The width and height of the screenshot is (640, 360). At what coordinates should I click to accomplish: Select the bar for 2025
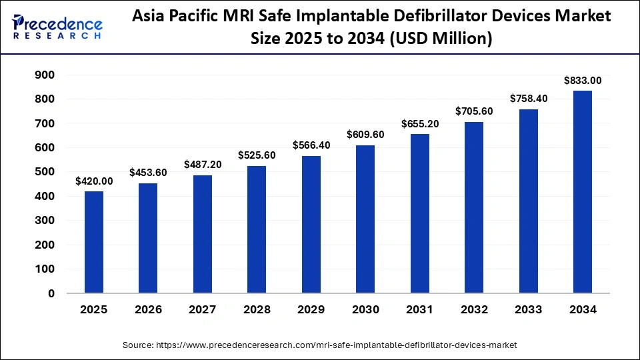coord(93,242)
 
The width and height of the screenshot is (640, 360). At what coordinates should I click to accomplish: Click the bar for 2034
coord(583,192)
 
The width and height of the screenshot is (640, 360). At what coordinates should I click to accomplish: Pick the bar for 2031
coord(419,213)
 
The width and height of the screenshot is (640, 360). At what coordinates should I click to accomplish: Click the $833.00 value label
coord(583,81)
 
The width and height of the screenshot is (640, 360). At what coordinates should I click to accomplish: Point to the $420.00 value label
coord(93,181)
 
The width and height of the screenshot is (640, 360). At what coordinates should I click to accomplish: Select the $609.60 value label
coord(365,135)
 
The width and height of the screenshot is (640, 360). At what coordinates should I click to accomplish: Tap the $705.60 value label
coord(474,111)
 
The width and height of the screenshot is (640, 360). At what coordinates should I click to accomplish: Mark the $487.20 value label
coord(202,165)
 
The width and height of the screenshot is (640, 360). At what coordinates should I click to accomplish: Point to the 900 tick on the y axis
coord(44,75)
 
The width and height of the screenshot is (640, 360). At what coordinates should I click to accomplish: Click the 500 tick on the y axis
coord(44,172)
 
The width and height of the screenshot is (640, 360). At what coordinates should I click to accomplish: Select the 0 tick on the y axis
coord(51,293)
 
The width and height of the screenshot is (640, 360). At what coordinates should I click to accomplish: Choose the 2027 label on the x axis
coord(202,310)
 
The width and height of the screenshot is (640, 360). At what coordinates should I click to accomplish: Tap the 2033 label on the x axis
coord(528,310)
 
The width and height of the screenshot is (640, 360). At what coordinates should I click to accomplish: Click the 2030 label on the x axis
coord(365,310)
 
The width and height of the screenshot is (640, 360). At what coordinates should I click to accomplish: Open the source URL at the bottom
coord(337,345)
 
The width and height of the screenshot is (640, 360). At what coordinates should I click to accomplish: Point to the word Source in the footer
coord(137,345)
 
